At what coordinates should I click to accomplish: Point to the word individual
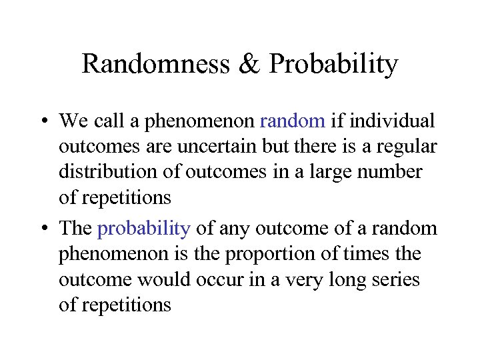point(392,121)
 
